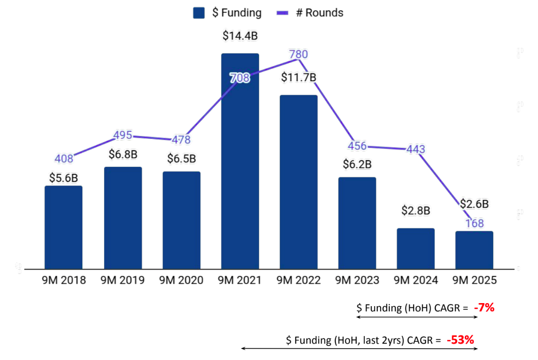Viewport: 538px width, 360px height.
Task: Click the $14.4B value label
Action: coord(240,36)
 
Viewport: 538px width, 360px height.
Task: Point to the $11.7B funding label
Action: coord(298,78)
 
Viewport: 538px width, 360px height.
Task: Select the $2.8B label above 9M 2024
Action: coord(416,211)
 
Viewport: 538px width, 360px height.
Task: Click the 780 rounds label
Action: coord(299,55)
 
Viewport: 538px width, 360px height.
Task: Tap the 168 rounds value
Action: coord(475,224)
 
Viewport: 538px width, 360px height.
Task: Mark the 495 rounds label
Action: coord(123,135)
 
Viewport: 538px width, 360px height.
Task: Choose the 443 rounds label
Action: coord(416,149)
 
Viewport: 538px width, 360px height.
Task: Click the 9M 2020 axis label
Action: coord(182,281)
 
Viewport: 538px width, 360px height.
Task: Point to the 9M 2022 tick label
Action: coord(299,281)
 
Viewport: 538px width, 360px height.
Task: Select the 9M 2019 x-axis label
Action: coord(123,281)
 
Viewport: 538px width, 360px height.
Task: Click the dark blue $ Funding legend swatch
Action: coord(199,13)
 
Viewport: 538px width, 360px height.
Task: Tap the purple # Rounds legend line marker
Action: coord(283,13)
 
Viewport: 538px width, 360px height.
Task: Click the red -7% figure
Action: coord(484,308)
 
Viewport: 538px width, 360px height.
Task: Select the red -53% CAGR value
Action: coord(461,340)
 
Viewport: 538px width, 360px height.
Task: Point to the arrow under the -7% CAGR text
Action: coord(417,317)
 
